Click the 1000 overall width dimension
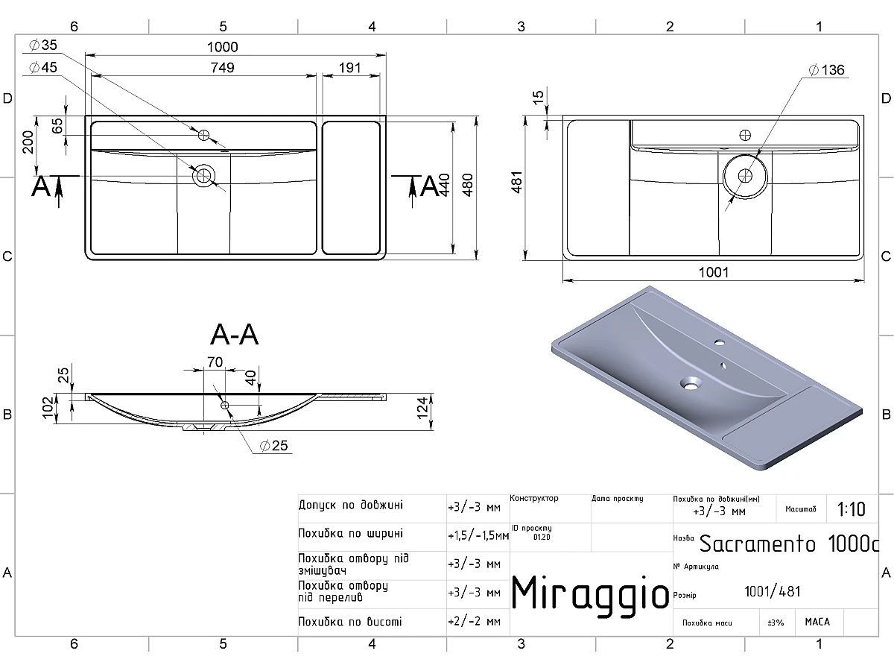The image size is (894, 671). click(x=222, y=47)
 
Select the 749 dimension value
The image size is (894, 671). click(x=222, y=68)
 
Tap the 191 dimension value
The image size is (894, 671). click(x=349, y=68)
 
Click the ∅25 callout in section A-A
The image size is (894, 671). click(x=275, y=446)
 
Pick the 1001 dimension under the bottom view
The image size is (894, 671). click(x=713, y=272)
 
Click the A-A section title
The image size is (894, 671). click(x=235, y=336)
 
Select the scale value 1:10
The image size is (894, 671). click(x=851, y=509)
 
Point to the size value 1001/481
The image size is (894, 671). click(x=773, y=591)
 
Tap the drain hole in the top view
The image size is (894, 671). click(x=203, y=176)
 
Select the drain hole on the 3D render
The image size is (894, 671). click(x=691, y=385)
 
